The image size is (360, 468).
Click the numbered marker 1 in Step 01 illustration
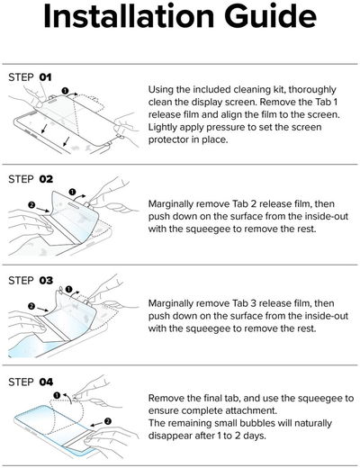(x=67, y=88)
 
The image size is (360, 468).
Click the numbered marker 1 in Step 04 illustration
(x=57, y=394)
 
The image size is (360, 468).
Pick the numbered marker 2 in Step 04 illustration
(x=107, y=420)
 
